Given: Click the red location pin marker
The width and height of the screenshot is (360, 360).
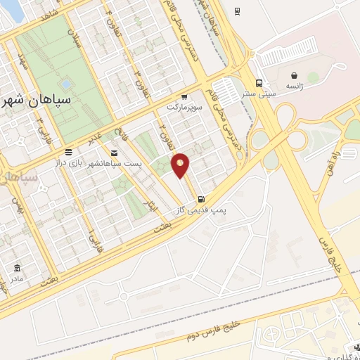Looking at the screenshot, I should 181,165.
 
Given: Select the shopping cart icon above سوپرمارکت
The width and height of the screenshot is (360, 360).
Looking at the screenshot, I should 184,98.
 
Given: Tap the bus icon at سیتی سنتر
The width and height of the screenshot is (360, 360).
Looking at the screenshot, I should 260,81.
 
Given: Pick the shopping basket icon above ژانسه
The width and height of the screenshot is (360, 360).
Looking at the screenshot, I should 293,75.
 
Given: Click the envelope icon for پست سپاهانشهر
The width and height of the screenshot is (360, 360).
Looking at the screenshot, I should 115,152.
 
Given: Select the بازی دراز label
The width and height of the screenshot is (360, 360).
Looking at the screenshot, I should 70,162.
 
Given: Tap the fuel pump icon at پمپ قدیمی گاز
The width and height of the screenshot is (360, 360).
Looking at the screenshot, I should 202,198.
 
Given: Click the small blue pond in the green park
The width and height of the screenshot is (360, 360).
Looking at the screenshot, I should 65,84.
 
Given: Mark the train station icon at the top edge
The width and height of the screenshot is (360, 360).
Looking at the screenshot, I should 236,10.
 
